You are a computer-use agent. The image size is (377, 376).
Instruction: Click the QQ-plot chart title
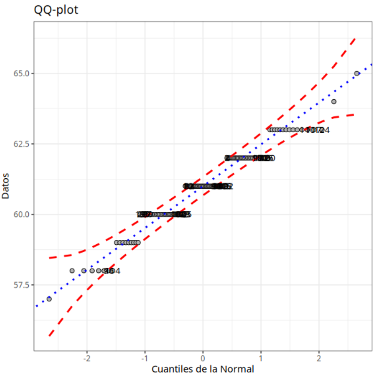[x=56, y=10]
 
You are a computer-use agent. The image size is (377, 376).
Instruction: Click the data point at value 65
[x=357, y=73]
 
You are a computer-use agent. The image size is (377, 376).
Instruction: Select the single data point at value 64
[x=334, y=102]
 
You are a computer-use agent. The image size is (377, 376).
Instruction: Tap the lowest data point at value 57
[x=49, y=299]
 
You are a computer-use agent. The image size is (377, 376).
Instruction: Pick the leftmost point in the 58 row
[x=72, y=271]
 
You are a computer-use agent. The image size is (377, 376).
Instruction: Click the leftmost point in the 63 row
[x=269, y=129]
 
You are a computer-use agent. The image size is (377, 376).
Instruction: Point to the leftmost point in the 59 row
[x=116, y=242]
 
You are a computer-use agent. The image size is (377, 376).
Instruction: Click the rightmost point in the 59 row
[x=138, y=242]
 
